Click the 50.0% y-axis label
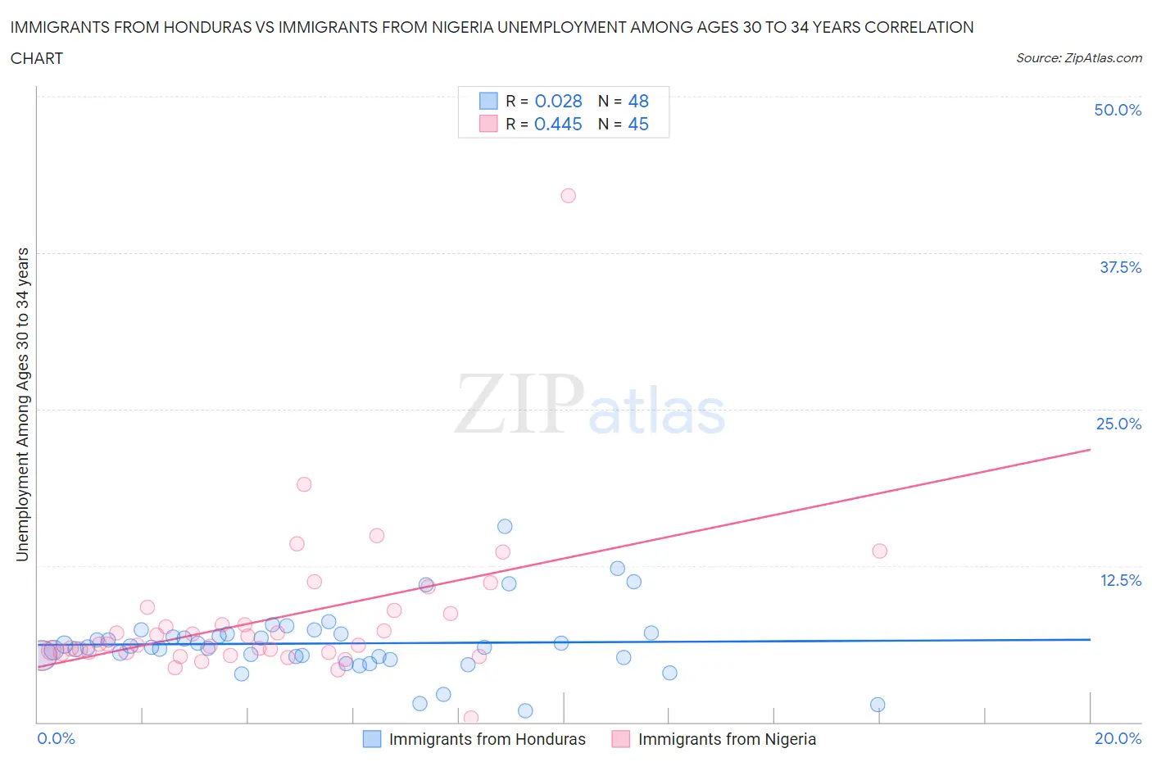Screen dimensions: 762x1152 click(x=1118, y=110)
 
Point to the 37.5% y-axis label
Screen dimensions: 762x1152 click(x=1120, y=267)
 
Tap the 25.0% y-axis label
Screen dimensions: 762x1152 click(x=1118, y=424)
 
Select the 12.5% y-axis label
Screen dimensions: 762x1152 click(x=1120, y=580)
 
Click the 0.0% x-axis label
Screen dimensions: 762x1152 click(x=56, y=738)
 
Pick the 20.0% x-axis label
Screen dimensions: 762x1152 click(x=1118, y=738)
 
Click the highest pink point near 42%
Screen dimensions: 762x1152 click(x=568, y=196)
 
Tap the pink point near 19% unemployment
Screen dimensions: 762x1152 click(x=304, y=484)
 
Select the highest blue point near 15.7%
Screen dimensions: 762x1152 click(x=505, y=527)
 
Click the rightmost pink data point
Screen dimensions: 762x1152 click(x=879, y=551)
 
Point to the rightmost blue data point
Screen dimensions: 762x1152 click(x=878, y=705)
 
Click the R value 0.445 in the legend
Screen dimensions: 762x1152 click(x=558, y=124)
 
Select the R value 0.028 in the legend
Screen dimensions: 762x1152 click(x=558, y=101)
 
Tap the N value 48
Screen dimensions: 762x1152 click(x=637, y=101)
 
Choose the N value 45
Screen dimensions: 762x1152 click(x=637, y=124)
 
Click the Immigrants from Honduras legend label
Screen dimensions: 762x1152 click(x=487, y=739)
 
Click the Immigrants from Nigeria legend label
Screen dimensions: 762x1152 click(x=727, y=739)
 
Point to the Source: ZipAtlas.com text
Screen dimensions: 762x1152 click(x=1078, y=57)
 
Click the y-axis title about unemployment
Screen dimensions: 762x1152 click(x=22, y=404)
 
